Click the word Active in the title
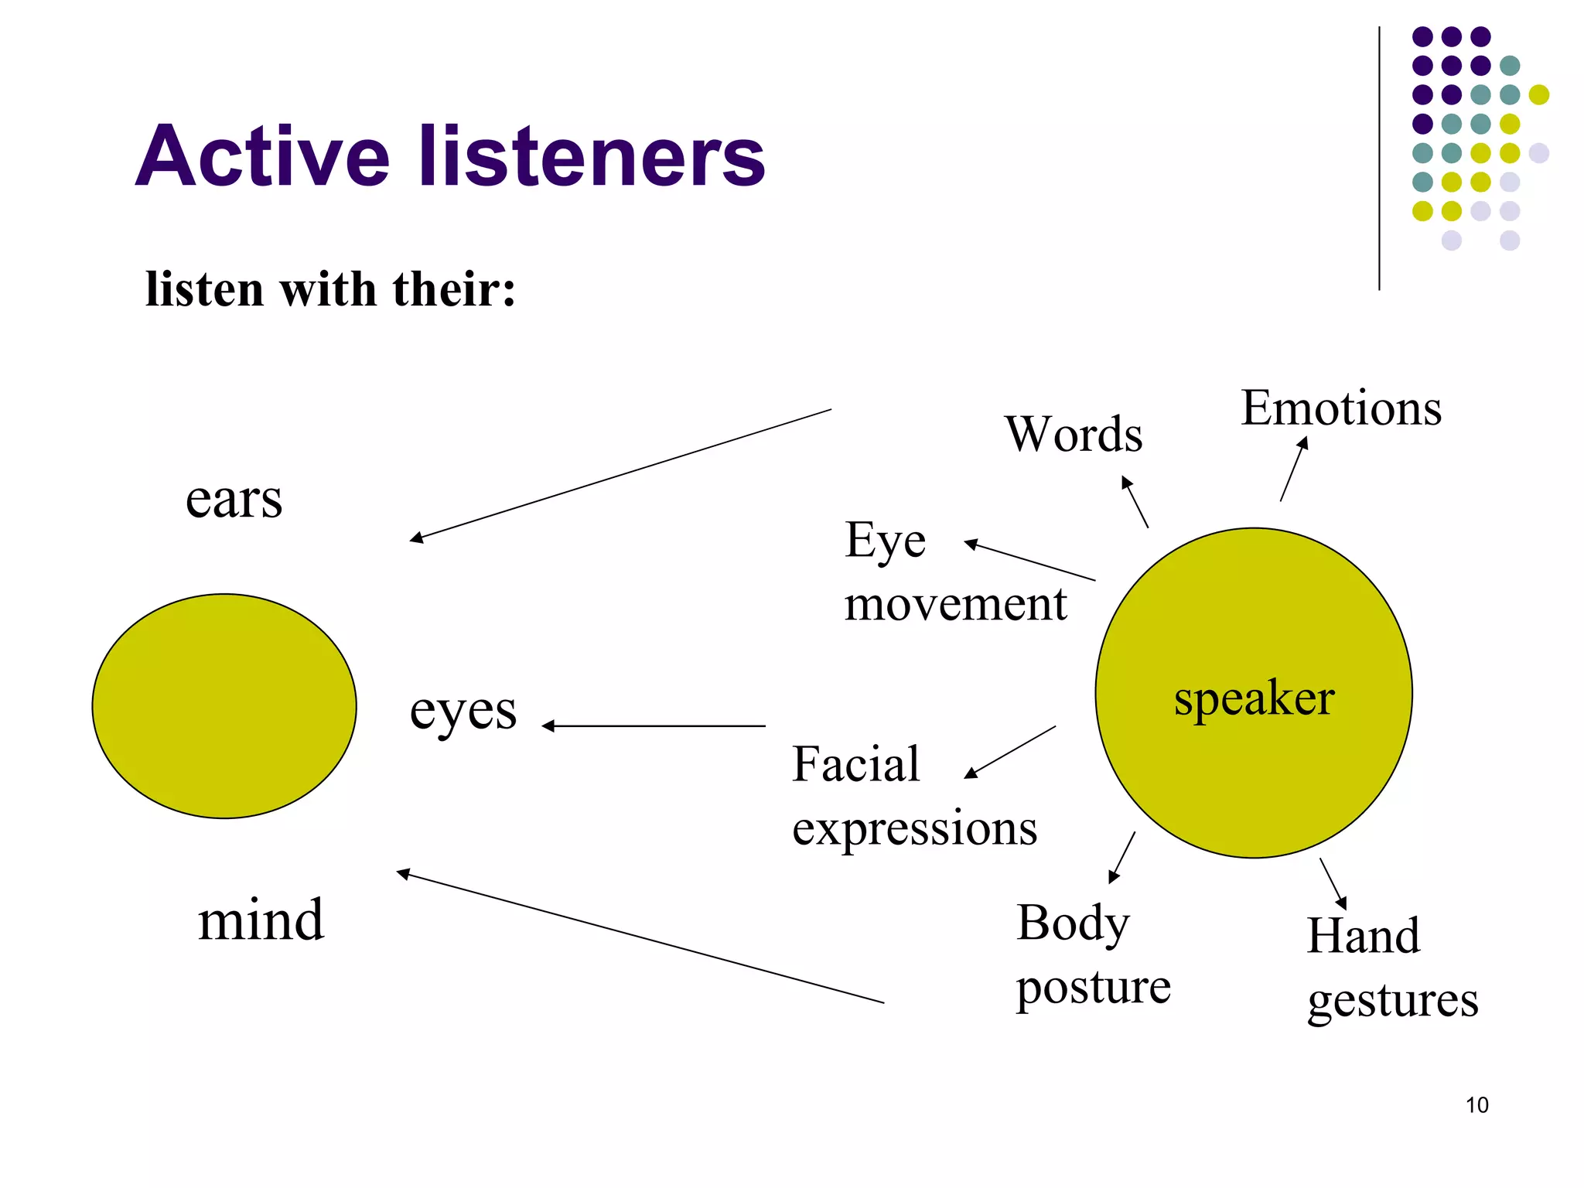point(263,157)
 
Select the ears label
point(234,499)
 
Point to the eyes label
point(463,711)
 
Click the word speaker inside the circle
point(1254,698)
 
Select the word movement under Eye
point(955,604)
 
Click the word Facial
point(855,764)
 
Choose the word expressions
point(914,828)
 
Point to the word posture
point(1093,988)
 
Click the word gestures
point(1392,1001)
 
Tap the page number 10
point(1476,1105)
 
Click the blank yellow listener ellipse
point(224,705)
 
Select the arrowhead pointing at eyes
point(548,725)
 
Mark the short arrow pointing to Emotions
point(1293,469)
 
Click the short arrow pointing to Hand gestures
point(1333,883)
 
